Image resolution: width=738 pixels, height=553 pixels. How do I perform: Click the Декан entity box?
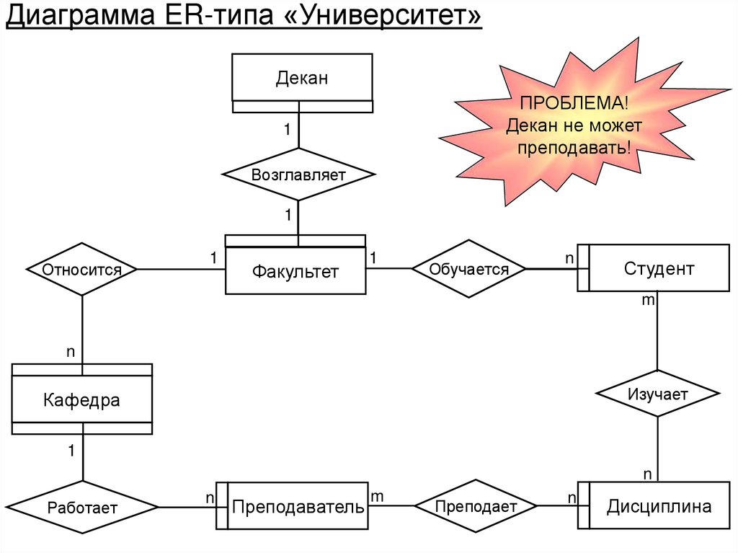tap(301, 78)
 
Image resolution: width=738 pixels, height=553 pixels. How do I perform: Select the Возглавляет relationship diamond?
tap(298, 174)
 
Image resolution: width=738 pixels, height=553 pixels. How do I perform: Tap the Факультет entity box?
tap(295, 271)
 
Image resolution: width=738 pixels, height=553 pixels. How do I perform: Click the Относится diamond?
tap(81, 270)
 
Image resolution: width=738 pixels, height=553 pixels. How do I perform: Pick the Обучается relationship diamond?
tap(468, 269)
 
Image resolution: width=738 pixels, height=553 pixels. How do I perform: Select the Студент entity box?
tap(659, 268)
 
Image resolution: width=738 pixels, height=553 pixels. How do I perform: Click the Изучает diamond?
tap(657, 394)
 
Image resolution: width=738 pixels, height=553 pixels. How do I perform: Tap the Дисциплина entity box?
tap(659, 506)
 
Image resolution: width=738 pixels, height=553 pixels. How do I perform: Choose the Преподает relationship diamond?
tap(476, 506)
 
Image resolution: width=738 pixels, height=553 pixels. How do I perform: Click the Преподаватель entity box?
tap(297, 507)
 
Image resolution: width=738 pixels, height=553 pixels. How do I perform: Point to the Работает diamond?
tap(82, 508)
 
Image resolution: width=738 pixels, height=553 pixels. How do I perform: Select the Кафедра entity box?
tap(81, 399)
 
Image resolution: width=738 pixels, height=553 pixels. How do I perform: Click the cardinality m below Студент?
tap(648, 300)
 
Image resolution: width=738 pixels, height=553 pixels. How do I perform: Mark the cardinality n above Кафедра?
tap(71, 352)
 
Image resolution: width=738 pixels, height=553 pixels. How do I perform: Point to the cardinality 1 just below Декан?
tap(286, 130)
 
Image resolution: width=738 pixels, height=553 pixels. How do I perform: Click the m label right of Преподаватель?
tap(377, 496)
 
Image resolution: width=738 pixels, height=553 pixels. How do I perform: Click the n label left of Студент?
tap(569, 257)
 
